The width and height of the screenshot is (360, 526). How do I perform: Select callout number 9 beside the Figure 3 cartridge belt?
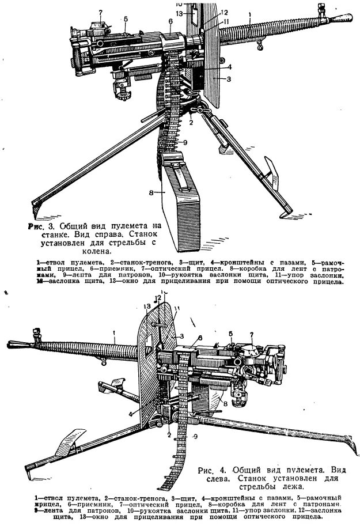point(186,142)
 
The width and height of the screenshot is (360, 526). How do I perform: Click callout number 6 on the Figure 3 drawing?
point(171,21)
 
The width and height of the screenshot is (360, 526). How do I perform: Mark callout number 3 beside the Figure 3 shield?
point(229,79)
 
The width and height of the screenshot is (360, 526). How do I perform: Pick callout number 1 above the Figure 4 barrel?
point(115,332)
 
